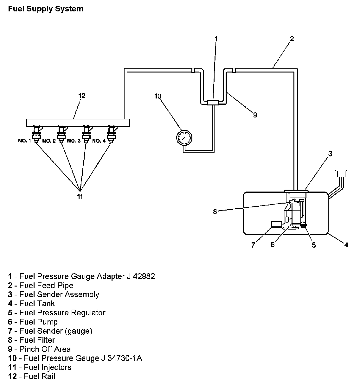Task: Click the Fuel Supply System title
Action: [46, 9]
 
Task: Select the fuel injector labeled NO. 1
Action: [36, 133]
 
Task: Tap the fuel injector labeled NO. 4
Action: [111, 133]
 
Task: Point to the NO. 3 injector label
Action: [74, 141]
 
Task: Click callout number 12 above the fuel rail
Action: [82, 96]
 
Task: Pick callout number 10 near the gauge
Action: [158, 96]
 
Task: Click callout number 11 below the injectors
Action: [80, 197]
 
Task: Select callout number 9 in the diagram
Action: [255, 115]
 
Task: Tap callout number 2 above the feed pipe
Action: [292, 39]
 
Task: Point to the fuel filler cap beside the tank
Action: [341, 174]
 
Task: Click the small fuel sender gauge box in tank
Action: [277, 224]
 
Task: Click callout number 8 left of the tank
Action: [215, 212]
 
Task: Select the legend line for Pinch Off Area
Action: [40, 349]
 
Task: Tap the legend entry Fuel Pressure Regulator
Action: [57, 312]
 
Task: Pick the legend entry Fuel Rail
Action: [32, 376]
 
